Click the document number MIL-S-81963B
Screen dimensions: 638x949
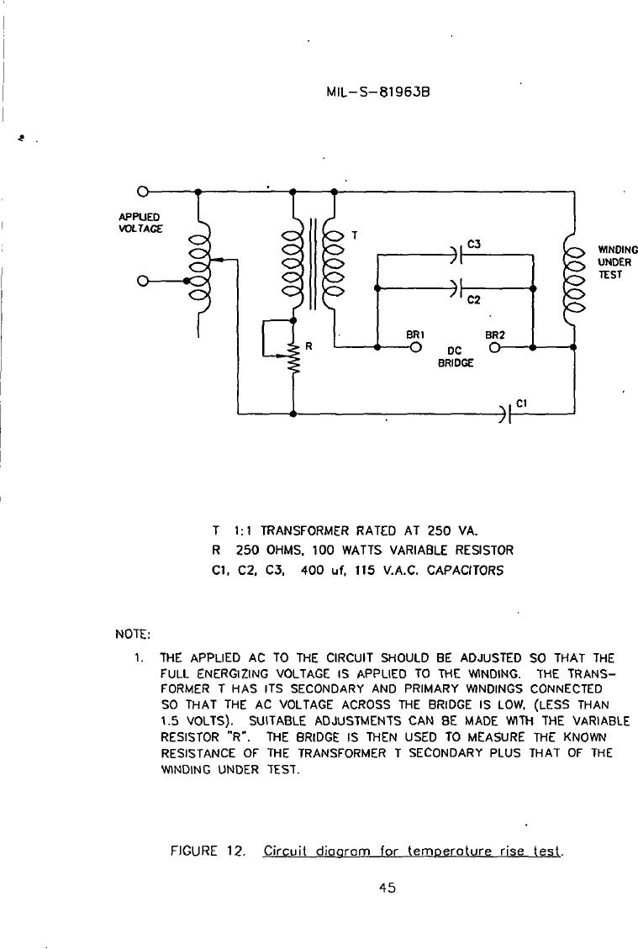[377, 92]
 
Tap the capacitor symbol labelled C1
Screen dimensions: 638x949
[507, 414]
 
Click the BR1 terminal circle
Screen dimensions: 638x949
[416, 348]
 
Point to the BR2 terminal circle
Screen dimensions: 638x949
[494, 348]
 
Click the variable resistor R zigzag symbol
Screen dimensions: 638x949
[294, 359]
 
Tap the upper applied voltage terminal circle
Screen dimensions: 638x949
[142, 192]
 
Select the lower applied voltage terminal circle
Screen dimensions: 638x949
[142, 281]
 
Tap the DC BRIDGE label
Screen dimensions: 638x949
[456, 357]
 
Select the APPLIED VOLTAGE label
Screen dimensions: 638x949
[140, 223]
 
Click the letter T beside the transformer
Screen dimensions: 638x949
[355, 235]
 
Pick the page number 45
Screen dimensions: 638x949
[388, 888]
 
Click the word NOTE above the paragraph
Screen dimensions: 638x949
[132, 635]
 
